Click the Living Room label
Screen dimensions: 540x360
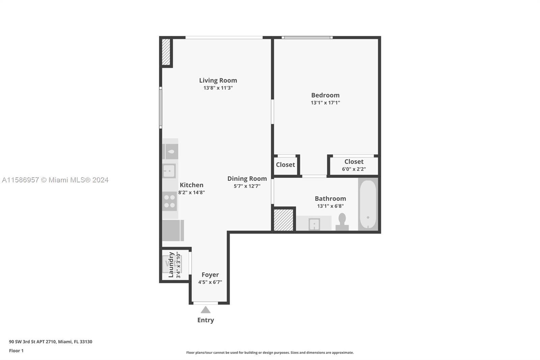[218, 80]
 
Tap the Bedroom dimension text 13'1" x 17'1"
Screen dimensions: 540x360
[325, 103]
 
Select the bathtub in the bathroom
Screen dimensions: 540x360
[368, 204]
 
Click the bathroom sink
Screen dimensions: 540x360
[314, 224]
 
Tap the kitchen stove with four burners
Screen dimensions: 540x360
[169, 201]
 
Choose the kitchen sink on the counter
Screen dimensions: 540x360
[169, 171]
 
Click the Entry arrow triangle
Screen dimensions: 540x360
[206, 310]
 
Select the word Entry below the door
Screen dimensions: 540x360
[206, 320]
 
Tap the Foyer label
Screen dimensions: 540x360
[210, 275]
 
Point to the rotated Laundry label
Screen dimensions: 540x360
[171, 265]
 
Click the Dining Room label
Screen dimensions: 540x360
[247, 179]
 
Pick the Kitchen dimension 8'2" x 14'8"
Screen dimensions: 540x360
[191, 192]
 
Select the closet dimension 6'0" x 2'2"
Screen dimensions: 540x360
[354, 169]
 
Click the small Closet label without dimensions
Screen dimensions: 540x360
[286, 165]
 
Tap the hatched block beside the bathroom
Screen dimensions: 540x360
[283, 220]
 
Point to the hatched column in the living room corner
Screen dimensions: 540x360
[166, 52]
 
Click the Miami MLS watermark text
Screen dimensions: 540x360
[55, 180]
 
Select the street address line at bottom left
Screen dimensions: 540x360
[51, 342]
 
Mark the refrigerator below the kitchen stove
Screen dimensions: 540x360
[173, 230]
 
